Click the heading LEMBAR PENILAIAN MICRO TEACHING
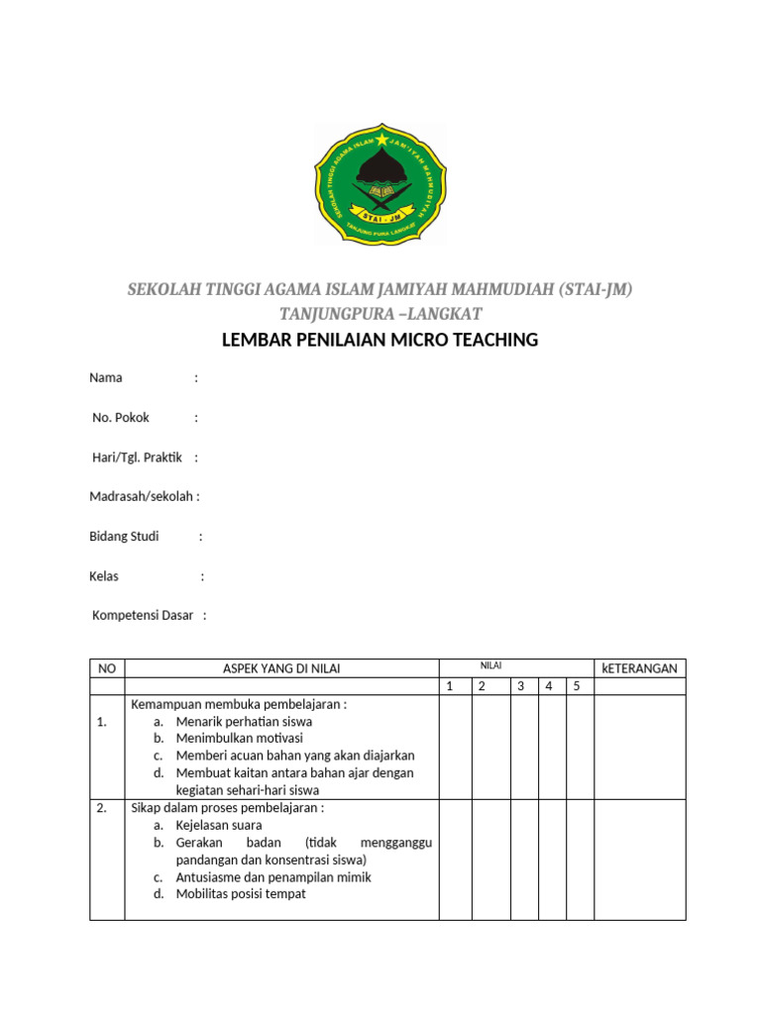pyautogui.click(x=380, y=341)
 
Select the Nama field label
pyautogui.click(x=106, y=377)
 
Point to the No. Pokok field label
pyautogui.click(x=121, y=417)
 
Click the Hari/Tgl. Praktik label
pyautogui.click(x=139, y=456)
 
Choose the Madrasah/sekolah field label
pyautogui.click(x=143, y=496)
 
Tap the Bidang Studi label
pyautogui.click(x=124, y=536)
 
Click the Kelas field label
pyautogui.click(x=104, y=575)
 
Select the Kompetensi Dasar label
pyautogui.click(x=143, y=615)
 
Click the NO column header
pyautogui.click(x=107, y=668)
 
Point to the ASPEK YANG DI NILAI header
pyautogui.click(x=281, y=668)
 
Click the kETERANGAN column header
pyautogui.click(x=639, y=668)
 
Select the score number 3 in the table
pyautogui.click(x=519, y=686)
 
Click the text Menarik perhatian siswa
pyautogui.click(x=244, y=721)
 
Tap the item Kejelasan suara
pyautogui.click(x=219, y=824)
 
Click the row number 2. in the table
pyautogui.click(x=102, y=808)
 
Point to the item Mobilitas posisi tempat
pyautogui.click(x=241, y=893)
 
